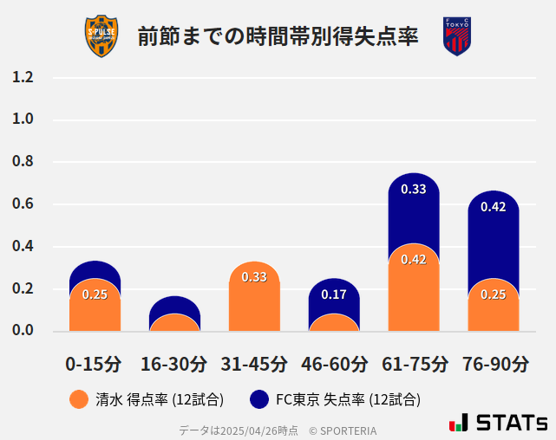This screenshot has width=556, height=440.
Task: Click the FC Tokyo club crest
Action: tap(456, 36)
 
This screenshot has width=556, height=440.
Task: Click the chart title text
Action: tap(278, 36)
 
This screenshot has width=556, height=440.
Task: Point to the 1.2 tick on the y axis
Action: tap(23, 77)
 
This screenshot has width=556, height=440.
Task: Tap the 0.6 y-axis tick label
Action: tap(23, 204)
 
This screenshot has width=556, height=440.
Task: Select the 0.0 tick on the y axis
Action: tap(23, 330)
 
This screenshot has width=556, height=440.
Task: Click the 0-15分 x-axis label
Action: tap(94, 364)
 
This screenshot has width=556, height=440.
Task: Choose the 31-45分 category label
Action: tap(254, 364)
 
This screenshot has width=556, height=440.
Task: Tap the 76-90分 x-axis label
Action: tap(494, 364)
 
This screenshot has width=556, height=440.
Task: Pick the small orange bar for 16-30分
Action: tap(174, 323)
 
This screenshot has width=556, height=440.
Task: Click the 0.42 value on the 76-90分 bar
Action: tap(494, 207)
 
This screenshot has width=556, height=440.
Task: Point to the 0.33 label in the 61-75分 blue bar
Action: tap(414, 189)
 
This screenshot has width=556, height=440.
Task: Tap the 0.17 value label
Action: tap(334, 294)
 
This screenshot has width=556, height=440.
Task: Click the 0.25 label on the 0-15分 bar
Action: tap(95, 294)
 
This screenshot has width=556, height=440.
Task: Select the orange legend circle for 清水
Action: tap(78, 399)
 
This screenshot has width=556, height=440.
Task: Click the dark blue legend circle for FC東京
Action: tap(258, 399)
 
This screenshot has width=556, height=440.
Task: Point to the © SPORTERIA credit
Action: tap(343, 430)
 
